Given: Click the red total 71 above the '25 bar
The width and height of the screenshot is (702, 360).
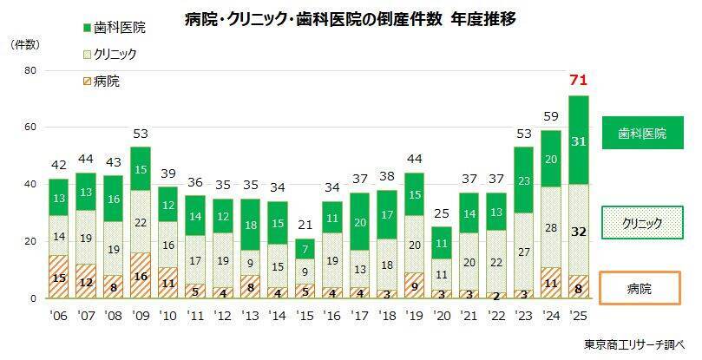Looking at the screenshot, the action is pyautogui.click(x=578, y=81).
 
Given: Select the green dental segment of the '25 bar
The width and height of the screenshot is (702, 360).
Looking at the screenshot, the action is pyautogui.click(x=579, y=140).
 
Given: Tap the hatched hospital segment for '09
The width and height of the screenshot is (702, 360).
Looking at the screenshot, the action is pyautogui.click(x=141, y=275).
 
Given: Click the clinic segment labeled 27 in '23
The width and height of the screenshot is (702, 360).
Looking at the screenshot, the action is pyautogui.click(x=524, y=252).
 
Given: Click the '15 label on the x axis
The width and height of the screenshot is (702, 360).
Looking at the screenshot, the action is pyautogui.click(x=305, y=316).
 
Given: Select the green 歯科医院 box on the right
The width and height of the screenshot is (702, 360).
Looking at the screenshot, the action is pyautogui.click(x=642, y=133).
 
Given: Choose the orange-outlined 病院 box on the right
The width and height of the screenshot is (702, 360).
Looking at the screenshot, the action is pyautogui.click(x=640, y=288).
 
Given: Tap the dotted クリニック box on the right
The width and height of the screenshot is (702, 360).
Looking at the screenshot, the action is pyautogui.click(x=642, y=223).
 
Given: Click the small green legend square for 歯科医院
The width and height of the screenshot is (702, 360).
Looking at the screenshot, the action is pyautogui.click(x=88, y=29).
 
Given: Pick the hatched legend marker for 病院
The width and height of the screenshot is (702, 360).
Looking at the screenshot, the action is pyautogui.click(x=88, y=82).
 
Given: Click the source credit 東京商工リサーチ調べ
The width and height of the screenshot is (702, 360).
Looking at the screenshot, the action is pyautogui.click(x=634, y=344).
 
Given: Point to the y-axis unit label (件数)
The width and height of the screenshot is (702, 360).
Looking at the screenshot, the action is pyautogui.click(x=25, y=45).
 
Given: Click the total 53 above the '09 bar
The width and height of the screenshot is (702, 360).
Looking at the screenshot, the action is pyautogui.click(x=141, y=134).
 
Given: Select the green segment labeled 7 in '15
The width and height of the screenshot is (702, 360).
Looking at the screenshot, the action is pyautogui.click(x=305, y=248).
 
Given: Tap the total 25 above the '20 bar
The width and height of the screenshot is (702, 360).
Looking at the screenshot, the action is pyautogui.click(x=442, y=213).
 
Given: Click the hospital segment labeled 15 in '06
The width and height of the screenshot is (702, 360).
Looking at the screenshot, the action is pyautogui.click(x=59, y=277).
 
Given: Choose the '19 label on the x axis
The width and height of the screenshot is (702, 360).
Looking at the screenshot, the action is pyautogui.click(x=415, y=316).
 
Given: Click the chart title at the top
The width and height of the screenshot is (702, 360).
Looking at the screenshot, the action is pyautogui.click(x=350, y=19).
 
